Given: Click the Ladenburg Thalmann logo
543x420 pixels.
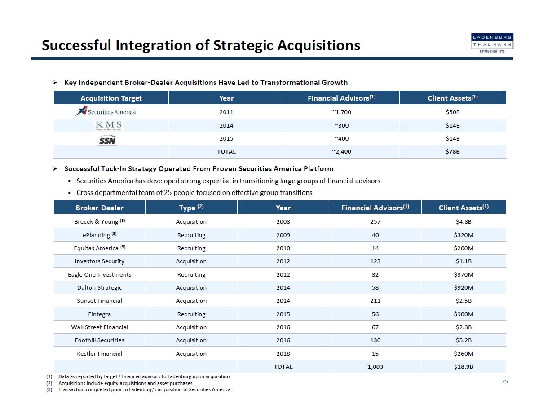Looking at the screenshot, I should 492,43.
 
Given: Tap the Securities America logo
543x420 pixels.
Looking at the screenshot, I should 106,111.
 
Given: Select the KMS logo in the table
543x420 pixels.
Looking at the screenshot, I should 108,125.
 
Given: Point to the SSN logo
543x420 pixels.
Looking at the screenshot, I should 108,139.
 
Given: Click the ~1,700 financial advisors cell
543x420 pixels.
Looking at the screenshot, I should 341,112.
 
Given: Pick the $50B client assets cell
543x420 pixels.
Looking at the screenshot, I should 452,112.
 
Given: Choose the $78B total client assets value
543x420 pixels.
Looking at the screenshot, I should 452,151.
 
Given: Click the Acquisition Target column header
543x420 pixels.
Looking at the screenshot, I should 111,98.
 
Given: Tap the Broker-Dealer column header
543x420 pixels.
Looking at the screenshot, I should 99,208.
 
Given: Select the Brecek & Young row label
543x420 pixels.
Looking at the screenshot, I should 99,221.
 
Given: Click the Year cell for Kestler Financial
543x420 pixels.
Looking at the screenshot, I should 283,354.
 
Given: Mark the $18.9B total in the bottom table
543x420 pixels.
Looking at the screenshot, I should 464,367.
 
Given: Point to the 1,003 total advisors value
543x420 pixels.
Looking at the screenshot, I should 375,367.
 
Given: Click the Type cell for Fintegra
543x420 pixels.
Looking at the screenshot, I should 191,314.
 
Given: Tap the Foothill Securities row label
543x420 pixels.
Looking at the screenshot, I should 99,340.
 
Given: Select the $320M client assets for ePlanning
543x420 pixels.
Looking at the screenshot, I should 464,235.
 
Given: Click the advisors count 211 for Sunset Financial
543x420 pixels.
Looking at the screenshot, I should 375,301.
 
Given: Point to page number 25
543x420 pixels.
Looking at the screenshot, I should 505,381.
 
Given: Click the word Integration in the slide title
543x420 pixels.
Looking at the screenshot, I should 155,45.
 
